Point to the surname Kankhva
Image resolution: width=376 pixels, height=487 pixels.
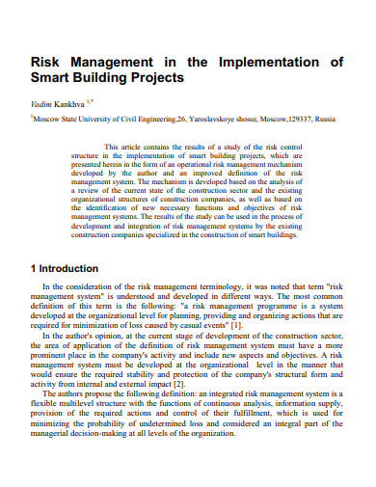pyautogui.click(x=72, y=102)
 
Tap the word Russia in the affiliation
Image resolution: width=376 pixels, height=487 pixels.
pyautogui.click(x=325, y=120)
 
